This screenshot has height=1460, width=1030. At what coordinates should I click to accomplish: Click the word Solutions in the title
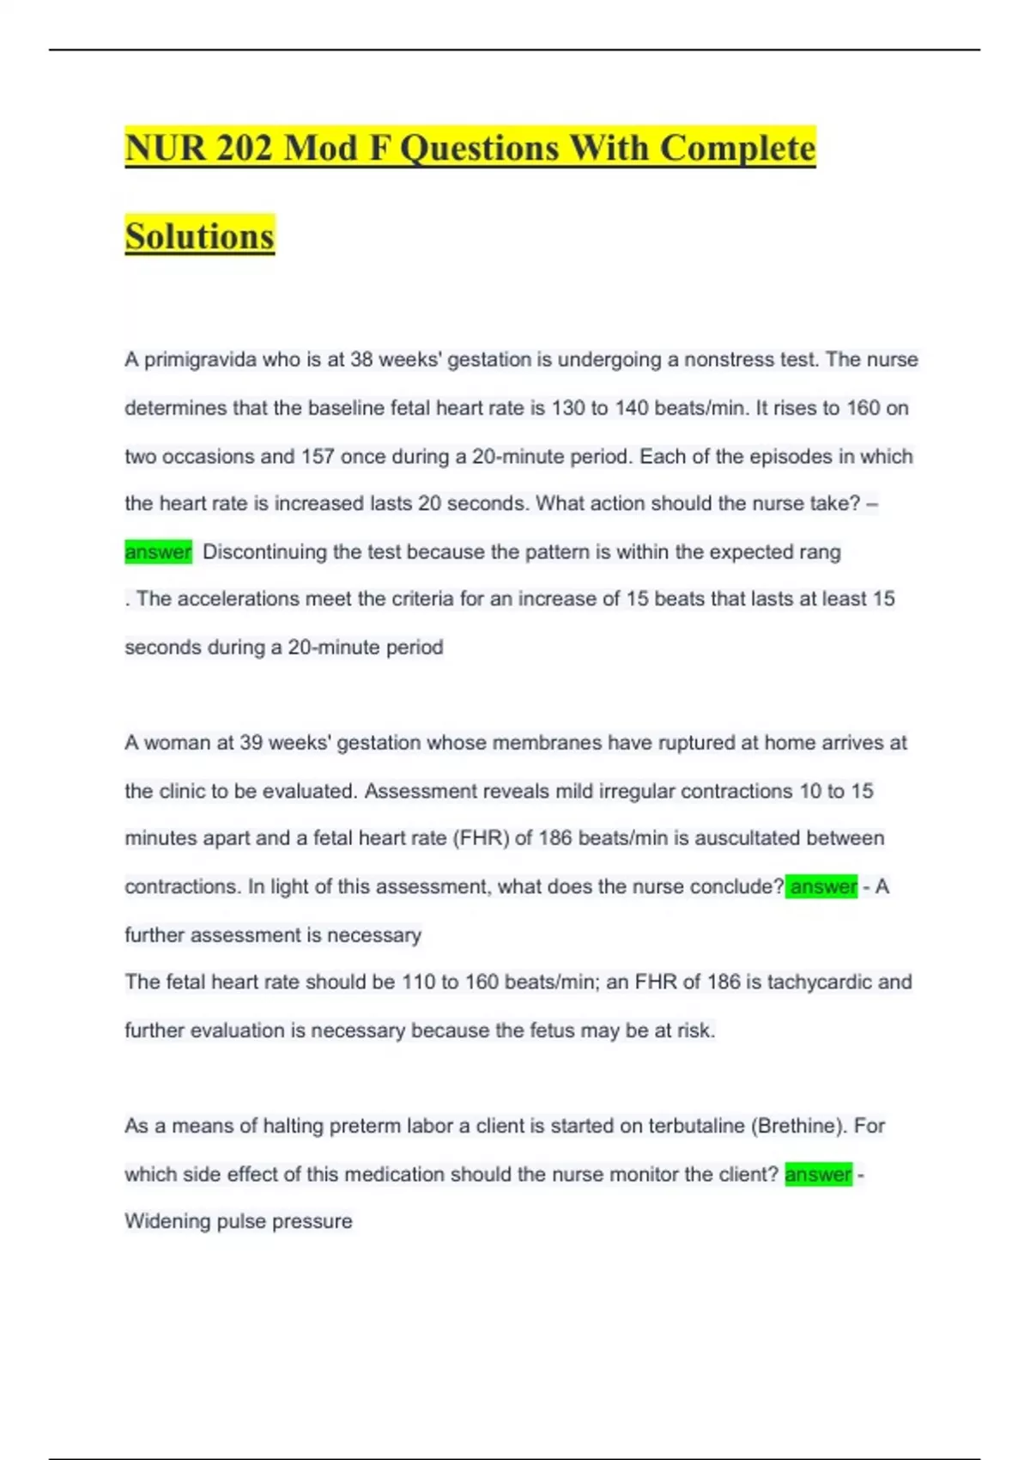tap(199, 236)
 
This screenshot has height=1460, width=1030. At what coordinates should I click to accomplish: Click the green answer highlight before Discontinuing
tap(158, 551)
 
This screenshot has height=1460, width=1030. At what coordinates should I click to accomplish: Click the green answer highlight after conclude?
tap(822, 886)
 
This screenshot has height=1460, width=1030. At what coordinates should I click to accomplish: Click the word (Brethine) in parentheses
tap(798, 1125)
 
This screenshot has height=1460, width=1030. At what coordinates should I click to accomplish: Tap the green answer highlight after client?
tap(818, 1174)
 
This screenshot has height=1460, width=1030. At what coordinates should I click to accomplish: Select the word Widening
tap(167, 1221)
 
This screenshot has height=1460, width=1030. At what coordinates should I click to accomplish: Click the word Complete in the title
tap(737, 148)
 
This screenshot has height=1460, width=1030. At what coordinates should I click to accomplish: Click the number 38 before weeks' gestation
tap(361, 359)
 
